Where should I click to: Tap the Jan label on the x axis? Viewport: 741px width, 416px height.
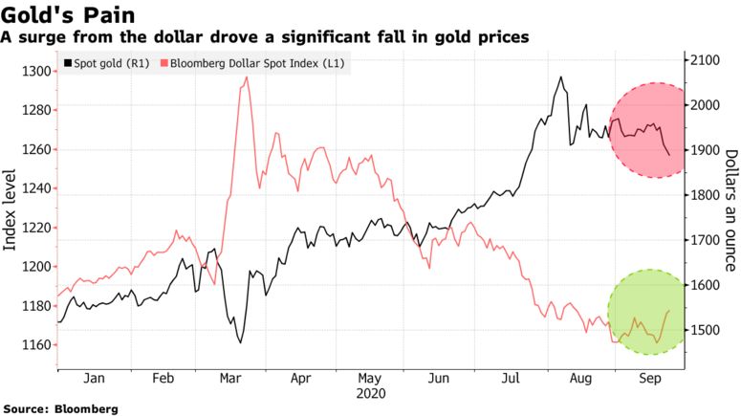93,379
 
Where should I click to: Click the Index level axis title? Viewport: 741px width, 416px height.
11,208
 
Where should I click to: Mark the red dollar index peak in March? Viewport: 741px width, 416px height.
247,77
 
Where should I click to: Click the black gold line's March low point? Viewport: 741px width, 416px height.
240,342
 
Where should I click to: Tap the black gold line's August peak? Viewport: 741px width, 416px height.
560,77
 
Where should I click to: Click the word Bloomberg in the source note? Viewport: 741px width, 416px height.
86,408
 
